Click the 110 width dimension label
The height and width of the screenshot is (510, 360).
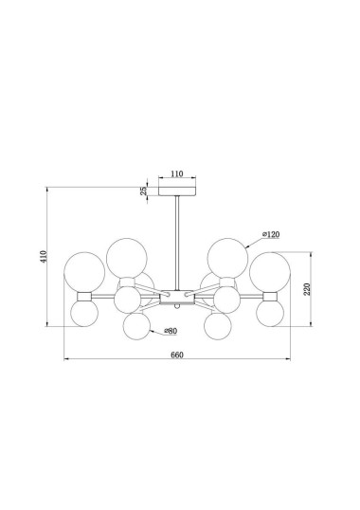pyautogui.click(x=177, y=173)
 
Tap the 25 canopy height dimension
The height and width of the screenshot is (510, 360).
pyautogui.click(x=143, y=191)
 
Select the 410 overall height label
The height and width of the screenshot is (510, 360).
pyautogui.click(x=44, y=257)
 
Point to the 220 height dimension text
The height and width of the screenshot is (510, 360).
pyautogui.click(x=307, y=289)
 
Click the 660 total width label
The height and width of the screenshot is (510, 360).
pyautogui.click(x=177, y=355)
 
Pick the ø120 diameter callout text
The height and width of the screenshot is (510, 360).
pyautogui.click(x=271, y=234)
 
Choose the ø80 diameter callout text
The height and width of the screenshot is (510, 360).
pyautogui.click(x=171, y=331)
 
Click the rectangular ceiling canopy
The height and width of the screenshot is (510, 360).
pyautogui.click(x=177, y=191)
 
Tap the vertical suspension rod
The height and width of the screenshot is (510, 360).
pyautogui.click(x=177, y=243)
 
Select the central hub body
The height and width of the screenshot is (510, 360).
pyautogui.click(x=177, y=298)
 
